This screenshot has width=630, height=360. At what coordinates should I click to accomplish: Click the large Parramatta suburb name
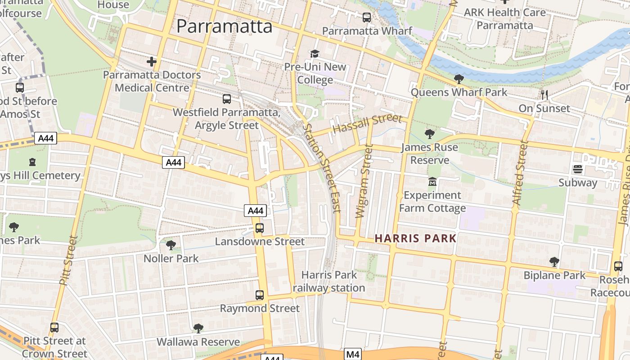click(x=224, y=26)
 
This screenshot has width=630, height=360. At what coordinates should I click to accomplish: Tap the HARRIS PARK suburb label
click(x=415, y=238)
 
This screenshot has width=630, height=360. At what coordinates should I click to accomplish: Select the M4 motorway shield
click(x=353, y=354)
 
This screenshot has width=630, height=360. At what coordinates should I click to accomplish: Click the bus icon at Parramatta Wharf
click(x=367, y=18)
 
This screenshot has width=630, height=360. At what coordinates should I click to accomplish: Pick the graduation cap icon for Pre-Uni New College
click(x=315, y=54)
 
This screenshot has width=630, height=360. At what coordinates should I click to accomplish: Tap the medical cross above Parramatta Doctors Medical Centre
click(x=152, y=61)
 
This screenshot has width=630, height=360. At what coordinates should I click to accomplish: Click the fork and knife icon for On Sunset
click(x=544, y=94)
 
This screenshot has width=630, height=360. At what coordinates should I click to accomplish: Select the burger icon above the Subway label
click(x=578, y=169)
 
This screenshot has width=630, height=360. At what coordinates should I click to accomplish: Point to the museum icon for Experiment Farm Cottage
click(x=432, y=181)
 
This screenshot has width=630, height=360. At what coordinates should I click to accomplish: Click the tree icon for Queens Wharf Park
click(x=459, y=79)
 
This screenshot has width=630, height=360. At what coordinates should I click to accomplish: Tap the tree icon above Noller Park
click(x=171, y=245)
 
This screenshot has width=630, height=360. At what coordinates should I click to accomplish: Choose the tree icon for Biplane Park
click(x=554, y=261)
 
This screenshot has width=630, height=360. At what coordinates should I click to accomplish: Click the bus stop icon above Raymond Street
click(x=260, y=295)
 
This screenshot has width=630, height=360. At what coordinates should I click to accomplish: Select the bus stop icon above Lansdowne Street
click(x=260, y=228)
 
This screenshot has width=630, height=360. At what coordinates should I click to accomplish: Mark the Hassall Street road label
click(x=367, y=123)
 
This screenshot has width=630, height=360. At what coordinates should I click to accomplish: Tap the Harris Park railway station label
click(x=328, y=281)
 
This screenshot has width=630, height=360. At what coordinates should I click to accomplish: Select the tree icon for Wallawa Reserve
click(x=198, y=328)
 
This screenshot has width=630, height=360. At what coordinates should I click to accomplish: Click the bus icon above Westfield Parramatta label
click(x=227, y=99)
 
